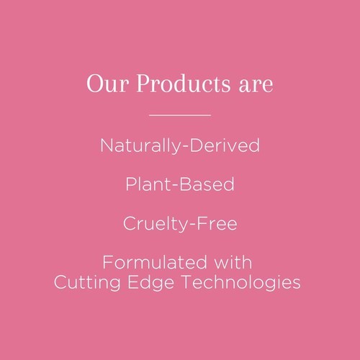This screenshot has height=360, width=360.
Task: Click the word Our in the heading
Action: [108, 84]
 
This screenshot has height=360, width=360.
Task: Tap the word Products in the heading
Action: [184, 83]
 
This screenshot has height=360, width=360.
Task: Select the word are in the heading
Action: [256, 86]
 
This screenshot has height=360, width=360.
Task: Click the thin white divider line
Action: [180, 115]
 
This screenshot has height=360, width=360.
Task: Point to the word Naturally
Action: [140, 145]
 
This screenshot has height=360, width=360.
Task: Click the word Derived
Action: [225, 145]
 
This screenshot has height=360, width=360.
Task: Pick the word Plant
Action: [148, 184]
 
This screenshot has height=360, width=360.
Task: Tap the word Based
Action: [207, 184]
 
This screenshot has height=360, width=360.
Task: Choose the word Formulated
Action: [155, 262]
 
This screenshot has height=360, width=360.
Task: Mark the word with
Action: [233, 262]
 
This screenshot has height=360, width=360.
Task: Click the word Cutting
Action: [87, 283]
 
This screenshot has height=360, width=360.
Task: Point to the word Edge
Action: [150, 283]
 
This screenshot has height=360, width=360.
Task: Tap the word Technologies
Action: [241, 283]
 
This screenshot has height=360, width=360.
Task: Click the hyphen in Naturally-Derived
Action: [185, 146]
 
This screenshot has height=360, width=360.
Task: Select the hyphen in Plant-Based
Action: [175, 185]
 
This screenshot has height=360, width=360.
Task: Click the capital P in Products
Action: [145, 84]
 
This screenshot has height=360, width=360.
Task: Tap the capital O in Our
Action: [95, 84]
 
